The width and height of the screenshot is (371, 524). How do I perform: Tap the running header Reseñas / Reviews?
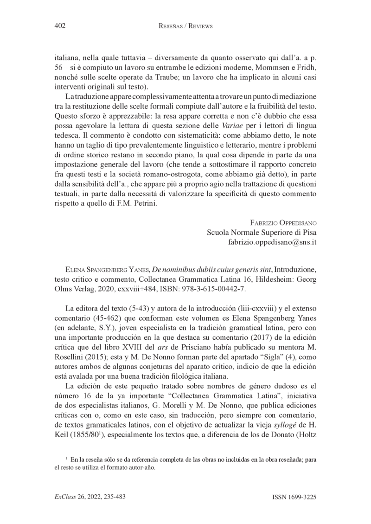185,26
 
